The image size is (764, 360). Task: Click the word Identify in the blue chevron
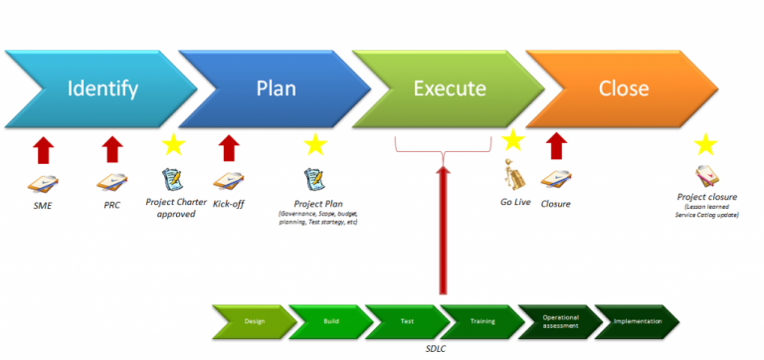pyautogui.click(x=102, y=89)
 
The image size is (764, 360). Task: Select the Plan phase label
pyautogui.click(x=276, y=89)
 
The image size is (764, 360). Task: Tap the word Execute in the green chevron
pyautogui.click(x=450, y=89)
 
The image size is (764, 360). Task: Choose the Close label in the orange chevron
pyautogui.click(x=624, y=89)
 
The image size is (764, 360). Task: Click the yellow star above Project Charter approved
pyautogui.click(x=174, y=145)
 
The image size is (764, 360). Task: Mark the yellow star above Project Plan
pyautogui.click(x=315, y=145)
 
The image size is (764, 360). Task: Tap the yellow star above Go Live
pyautogui.click(x=512, y=140)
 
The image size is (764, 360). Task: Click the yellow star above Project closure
pyautogui.click(x=705, y=145)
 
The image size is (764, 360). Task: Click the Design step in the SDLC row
pyautogui.click(x=255, y=321)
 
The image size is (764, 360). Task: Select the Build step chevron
pyautogui.click(x=331, y=321)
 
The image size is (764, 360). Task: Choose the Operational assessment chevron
pyautogui.click(x=560, y=321)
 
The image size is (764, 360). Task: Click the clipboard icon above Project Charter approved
pyautogui.click(x=172, y=180)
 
